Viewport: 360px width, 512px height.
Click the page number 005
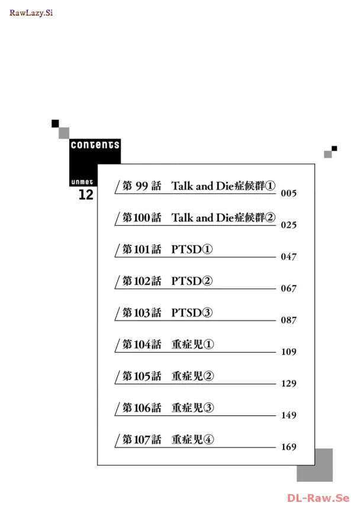(288, 194)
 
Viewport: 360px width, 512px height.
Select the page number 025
(288, 225)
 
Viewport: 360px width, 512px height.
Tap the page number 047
(288, 257)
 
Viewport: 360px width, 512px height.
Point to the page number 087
(288, 321)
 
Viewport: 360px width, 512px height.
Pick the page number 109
(288, 352)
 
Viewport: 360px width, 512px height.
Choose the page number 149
(288, 415)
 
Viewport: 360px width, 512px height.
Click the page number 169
(288, 447)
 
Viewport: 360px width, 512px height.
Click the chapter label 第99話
(142, 186)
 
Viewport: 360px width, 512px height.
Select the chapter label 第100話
(142, 218)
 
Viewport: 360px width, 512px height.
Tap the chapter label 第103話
(142, 313)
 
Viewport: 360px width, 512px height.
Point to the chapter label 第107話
(142, 440)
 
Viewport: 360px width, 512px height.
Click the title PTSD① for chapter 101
(192, 249)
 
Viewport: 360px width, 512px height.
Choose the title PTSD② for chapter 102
(192, 281)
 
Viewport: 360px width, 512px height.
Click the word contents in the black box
(95, 145)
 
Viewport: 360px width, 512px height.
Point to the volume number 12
(86, 195)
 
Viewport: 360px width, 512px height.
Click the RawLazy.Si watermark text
(31, 13)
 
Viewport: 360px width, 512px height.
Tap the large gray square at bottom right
(314, 465)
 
